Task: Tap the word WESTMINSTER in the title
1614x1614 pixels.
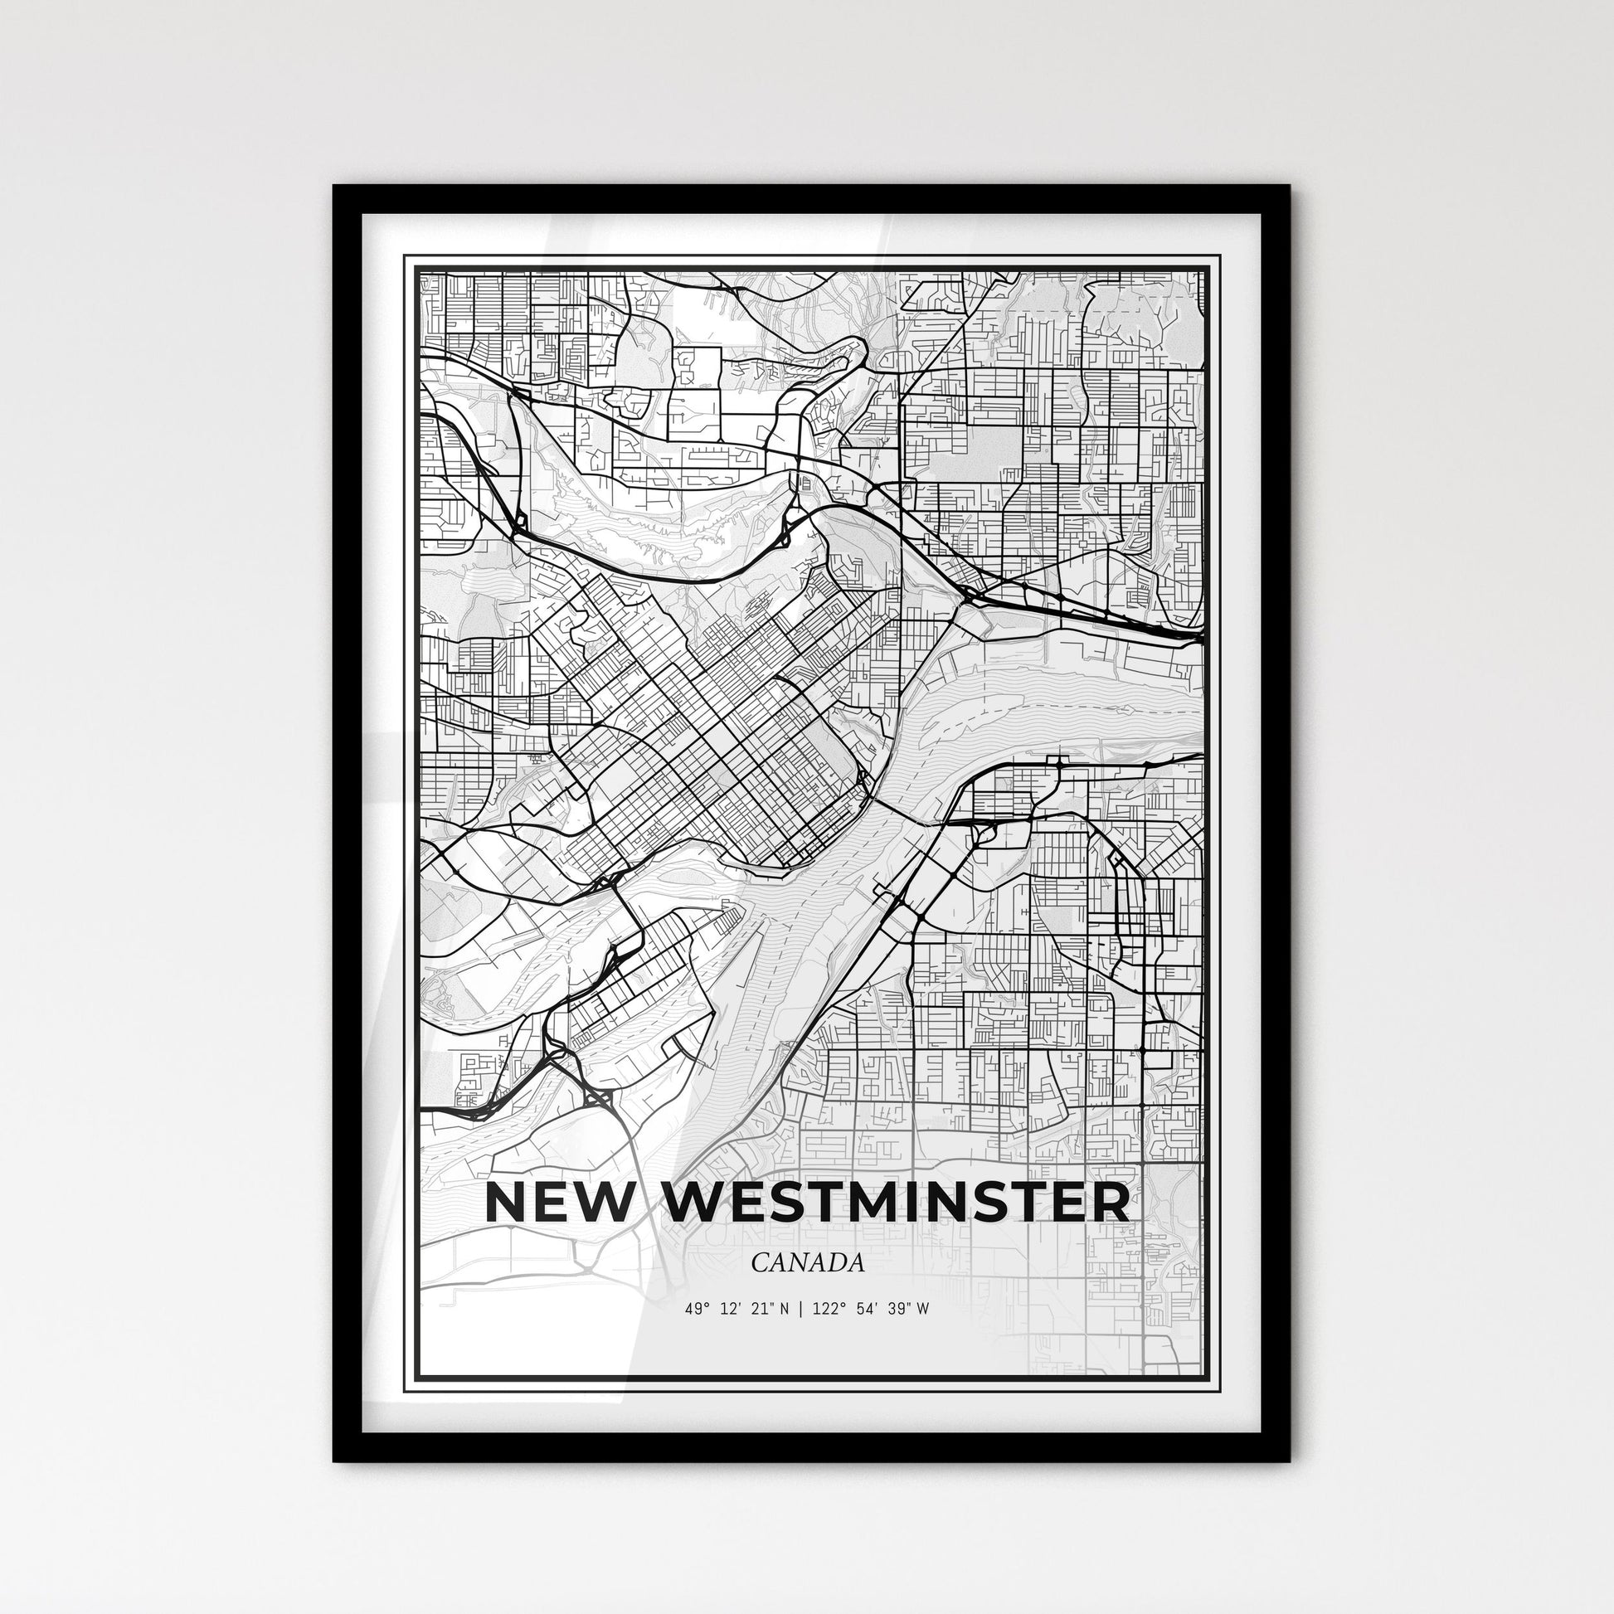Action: click(896, 1202)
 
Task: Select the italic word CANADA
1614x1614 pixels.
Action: click(807, 1262)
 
